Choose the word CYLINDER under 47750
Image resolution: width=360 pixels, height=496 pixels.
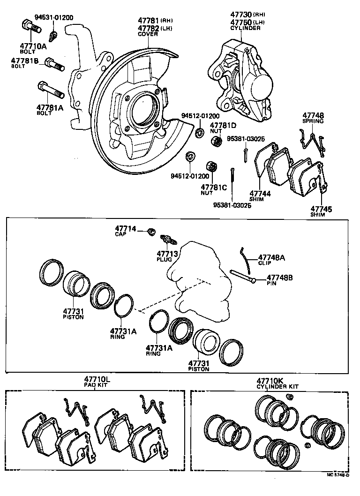pyautogui.click(x=245, y=28)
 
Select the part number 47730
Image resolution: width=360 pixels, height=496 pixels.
pyautogui.click(x=240, y=15)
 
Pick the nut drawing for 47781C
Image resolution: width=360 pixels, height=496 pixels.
pyautogui.click(x=212, y=166)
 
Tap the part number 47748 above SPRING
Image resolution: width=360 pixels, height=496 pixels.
pyautogui.click(x=313, y=115)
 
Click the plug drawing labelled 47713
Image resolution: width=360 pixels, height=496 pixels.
pyautogui.click(x=169, y=239)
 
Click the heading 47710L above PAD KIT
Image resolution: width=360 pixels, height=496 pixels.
pyautogui.click(x=97, y=379)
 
